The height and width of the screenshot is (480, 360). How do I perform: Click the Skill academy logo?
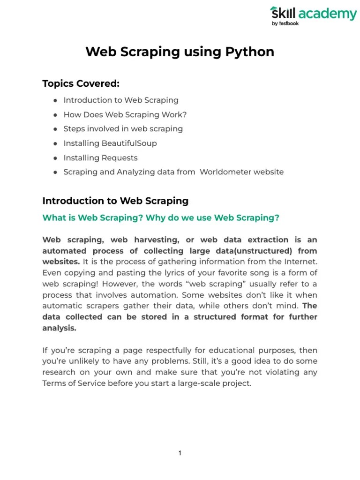(313, 14)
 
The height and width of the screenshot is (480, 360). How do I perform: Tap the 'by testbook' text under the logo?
(285, 24)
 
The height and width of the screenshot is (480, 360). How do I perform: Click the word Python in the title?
(252, 52)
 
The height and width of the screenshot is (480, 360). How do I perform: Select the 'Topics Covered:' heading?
(81, 83)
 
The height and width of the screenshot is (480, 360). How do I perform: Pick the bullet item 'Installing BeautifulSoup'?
(110, 143)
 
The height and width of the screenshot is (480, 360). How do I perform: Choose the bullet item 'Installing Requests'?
(100, 157)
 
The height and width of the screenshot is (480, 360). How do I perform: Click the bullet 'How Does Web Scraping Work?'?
(125, 114)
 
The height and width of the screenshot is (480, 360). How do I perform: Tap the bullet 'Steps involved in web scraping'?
(123, 128)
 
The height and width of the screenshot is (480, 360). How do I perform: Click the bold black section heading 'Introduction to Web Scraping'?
(115, 201)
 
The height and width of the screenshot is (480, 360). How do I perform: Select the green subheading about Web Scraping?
(161, 217)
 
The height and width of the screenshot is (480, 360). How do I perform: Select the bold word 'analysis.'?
(59, 328)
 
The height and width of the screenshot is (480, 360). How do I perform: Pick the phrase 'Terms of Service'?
(74, 383)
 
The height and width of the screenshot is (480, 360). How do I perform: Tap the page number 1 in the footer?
(180, 453)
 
